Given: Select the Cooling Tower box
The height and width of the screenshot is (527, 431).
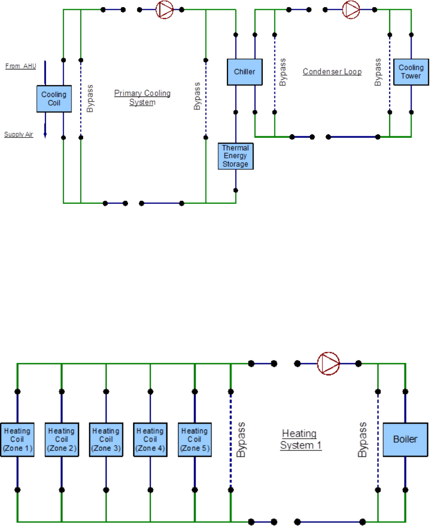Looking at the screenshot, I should point(410,72).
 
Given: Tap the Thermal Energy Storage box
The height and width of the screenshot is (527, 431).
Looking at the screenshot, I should point(235,156).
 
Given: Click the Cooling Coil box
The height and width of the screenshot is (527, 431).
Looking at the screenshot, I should point(54,99).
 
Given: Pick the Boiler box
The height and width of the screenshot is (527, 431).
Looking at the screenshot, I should point(404,439).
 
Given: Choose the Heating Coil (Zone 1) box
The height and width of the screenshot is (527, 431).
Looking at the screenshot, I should point(17,439).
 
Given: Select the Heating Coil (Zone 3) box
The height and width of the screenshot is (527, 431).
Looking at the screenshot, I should point(106,439).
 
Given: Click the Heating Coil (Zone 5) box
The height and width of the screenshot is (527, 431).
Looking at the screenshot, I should point(194,439).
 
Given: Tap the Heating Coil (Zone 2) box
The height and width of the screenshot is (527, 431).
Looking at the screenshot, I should point(61,439).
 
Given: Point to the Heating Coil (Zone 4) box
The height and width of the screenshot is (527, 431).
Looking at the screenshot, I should point(150,439).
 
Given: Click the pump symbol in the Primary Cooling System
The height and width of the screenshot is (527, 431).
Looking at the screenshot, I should point(164,9).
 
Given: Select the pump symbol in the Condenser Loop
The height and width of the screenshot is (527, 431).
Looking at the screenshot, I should point(350,9).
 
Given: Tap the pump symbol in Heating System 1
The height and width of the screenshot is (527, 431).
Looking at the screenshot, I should point(328,364).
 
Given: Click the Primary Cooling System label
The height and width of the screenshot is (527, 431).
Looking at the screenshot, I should point(142,98).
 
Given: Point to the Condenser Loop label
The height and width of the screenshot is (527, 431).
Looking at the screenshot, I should point(332,71).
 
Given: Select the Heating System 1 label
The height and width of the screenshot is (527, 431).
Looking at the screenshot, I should point(299,439).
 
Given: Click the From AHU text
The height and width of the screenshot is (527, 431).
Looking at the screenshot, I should point(20,66).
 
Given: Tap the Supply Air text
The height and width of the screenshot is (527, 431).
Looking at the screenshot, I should point(19,135).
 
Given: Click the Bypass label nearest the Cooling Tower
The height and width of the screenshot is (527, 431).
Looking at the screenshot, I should point(378,72).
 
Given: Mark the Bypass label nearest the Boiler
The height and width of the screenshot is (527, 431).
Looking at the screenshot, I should point(363,439).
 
